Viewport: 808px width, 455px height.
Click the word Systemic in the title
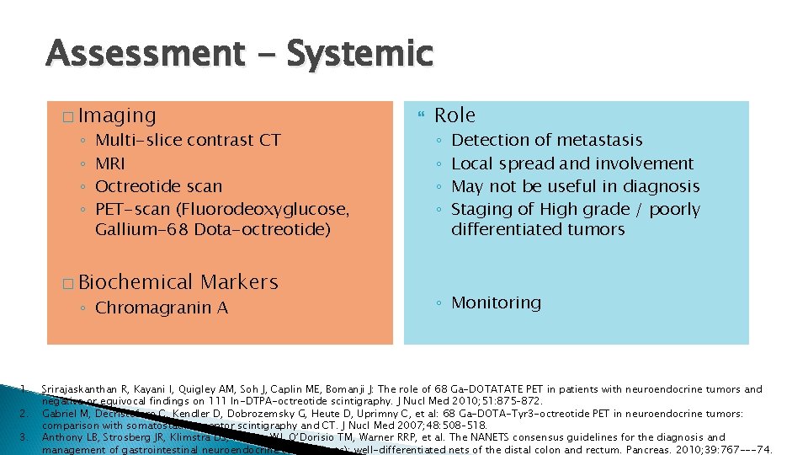point(359,54)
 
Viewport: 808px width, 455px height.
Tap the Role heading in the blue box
point(454,115)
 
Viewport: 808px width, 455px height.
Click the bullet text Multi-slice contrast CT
point(188,140)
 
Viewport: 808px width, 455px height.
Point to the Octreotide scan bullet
point(159,186)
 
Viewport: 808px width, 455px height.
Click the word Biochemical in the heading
point(136,282)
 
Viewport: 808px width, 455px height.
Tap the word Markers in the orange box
point(239,282)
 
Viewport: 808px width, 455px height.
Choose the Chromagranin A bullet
point(162,308)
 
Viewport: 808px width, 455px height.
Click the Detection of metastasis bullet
point(547,140)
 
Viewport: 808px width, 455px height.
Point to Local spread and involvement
point(572,163)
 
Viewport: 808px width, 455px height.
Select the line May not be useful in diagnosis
point(576,186)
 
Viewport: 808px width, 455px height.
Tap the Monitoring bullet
point(497,302)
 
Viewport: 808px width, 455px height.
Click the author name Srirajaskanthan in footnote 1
point(82,389)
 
